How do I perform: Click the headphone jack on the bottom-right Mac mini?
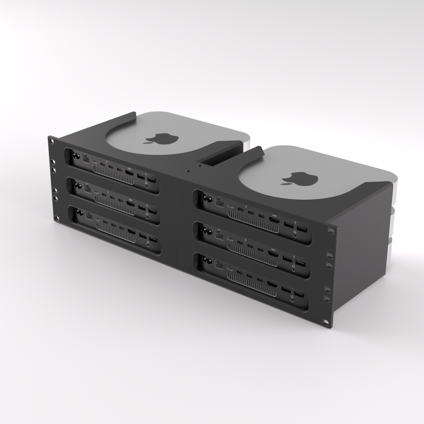click(292, 299)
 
